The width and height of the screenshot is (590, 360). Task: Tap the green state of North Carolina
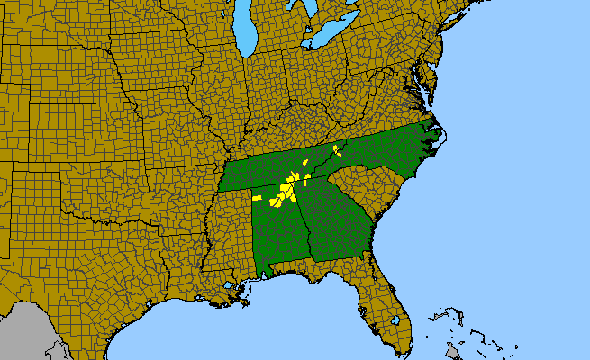(x=387, y=153)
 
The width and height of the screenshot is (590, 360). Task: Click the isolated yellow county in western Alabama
(x=257, y=197)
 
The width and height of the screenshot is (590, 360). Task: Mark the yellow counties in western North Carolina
(x=336, y=148)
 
